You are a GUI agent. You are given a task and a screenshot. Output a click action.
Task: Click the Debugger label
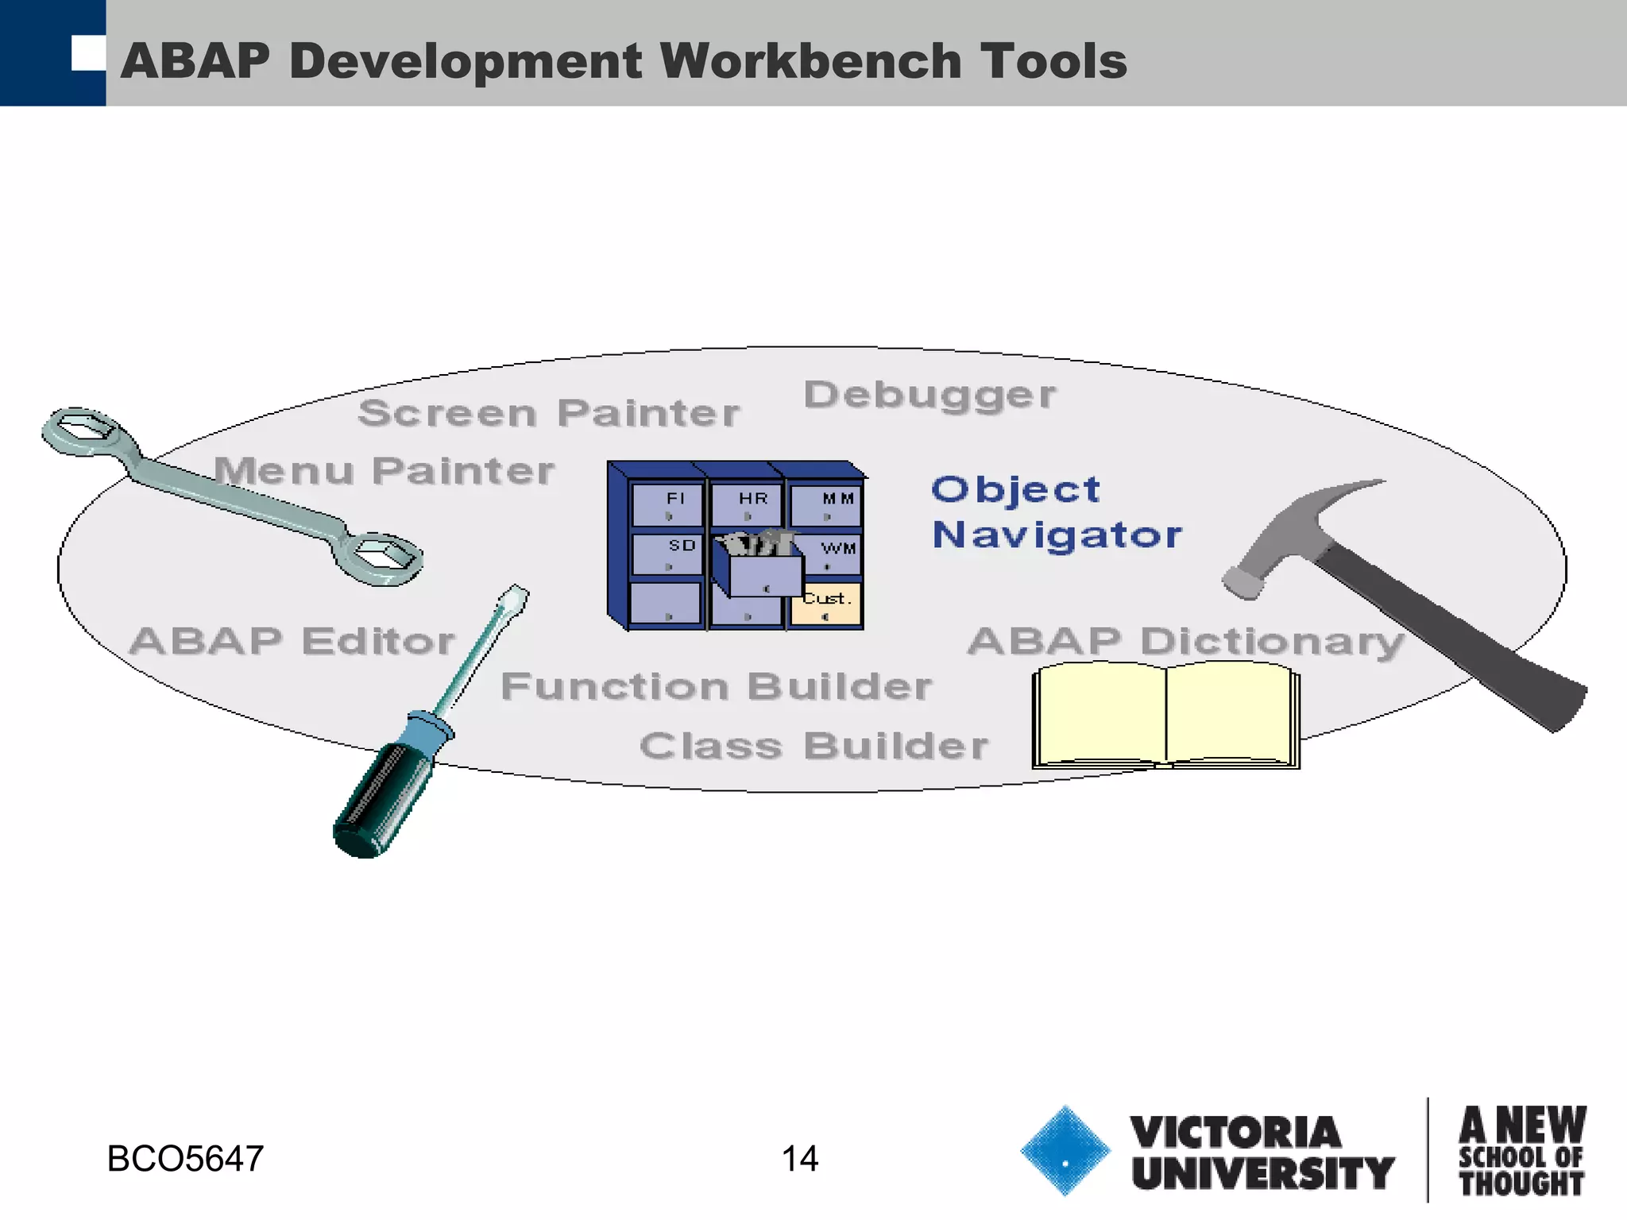[929, 396]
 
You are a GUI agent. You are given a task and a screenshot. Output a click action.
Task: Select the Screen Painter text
[548, 413]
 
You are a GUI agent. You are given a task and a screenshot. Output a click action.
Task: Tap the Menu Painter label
[384, 471]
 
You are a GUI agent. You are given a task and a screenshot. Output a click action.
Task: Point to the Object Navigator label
[1057, 512]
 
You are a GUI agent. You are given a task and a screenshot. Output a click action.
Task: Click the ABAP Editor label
[292, 642]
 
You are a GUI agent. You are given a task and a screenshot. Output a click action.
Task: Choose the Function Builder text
[716, 687]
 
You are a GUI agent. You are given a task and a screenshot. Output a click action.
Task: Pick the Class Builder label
[813, 747]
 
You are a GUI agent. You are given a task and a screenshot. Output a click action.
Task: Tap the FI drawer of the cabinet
[668, 504]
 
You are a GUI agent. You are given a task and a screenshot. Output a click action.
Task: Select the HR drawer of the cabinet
[747, 504]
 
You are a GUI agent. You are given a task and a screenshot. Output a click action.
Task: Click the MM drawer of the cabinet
[827, 504]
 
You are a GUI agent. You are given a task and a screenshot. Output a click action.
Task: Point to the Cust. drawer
[826, 604]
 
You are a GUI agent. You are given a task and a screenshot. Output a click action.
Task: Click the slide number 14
[799, 1159]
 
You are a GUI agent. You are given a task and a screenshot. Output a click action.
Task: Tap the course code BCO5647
[185, 1159]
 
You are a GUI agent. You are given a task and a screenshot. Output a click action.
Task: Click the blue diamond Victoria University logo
[1065, 1151]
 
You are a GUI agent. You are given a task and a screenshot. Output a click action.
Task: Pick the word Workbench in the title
[810, 61]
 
